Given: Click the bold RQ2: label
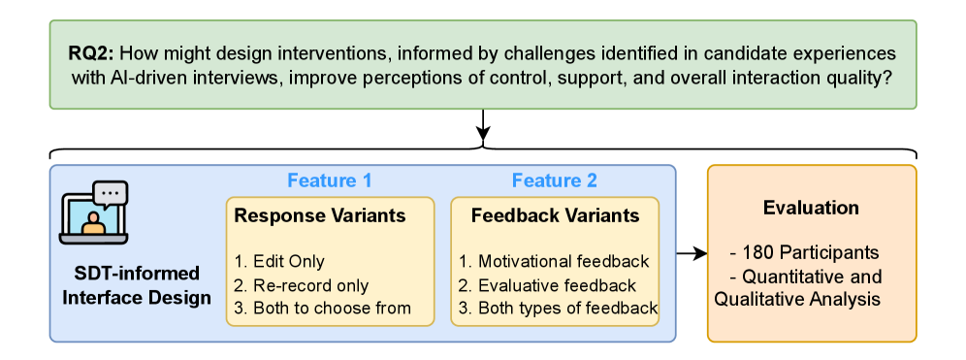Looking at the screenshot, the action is click(91, 53).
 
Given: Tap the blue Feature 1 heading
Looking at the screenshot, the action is click(330, 180).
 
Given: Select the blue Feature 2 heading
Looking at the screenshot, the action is click(555, 180).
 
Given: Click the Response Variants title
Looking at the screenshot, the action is click(320, 215).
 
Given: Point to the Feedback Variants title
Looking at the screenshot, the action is click(556, 215).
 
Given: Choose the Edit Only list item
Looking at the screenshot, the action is click(279, 261).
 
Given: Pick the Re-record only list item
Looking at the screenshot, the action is click(302, 285).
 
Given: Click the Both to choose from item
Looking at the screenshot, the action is click(322, 308).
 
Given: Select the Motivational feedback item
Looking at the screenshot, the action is click(554, 261).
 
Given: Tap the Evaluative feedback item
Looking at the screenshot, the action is click(547, 285).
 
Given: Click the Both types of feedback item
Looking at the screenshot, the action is click(558, 308).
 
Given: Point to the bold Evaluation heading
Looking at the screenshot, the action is click(812, 208).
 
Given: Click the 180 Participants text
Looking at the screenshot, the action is click(804, 252).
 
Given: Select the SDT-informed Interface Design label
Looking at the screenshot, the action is click(137, 285).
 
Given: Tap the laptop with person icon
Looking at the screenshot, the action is click(94, 213).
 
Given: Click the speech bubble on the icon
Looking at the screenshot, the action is click(111, 193).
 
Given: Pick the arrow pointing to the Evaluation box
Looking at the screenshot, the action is click(692, 252).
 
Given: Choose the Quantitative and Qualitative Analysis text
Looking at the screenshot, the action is click(798, 288).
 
